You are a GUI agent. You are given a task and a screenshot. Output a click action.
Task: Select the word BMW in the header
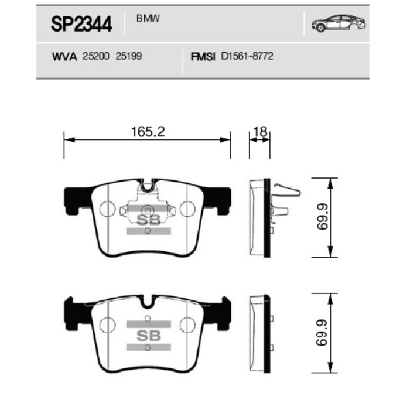tap(149, 19)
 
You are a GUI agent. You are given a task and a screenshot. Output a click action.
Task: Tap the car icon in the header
tap(339, 24)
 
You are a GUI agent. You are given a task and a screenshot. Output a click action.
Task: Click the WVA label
tap(65, 57)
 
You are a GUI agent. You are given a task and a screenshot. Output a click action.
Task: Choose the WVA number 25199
tap(129, 57)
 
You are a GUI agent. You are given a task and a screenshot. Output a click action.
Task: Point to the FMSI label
tap(204, 57)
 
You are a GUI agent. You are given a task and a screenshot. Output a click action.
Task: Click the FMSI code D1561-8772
tap(247, 57)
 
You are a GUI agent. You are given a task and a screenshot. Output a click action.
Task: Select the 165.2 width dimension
tap(147, 132)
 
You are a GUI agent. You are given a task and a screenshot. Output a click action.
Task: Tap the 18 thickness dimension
tap(260, 132)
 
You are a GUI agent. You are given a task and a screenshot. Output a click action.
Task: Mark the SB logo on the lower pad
tap(148, 336)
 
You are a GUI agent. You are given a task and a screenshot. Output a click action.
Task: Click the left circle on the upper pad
tap(107, 209)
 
